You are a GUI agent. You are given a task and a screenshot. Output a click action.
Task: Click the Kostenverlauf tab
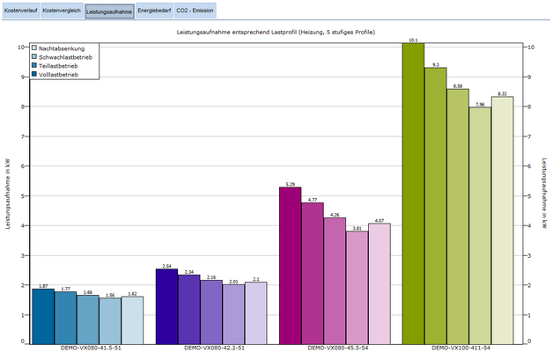(19, 11)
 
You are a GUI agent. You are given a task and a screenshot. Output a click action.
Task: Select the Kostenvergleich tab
(61, 11)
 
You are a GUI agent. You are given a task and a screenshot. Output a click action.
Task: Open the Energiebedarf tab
(153, 11)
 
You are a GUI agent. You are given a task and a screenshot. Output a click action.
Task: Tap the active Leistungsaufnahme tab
(109, 11)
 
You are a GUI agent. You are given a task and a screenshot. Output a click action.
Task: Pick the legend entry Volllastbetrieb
(61, 75)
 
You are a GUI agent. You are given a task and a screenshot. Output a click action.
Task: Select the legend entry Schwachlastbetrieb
(69, 56)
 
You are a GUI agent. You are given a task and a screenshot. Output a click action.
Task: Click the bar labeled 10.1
(412, 194)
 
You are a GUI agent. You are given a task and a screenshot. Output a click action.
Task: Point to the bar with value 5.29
(290, 265)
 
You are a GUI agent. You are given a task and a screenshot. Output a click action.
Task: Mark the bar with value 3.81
(356, 287)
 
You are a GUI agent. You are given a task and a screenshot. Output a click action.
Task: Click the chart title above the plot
(276, 32)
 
